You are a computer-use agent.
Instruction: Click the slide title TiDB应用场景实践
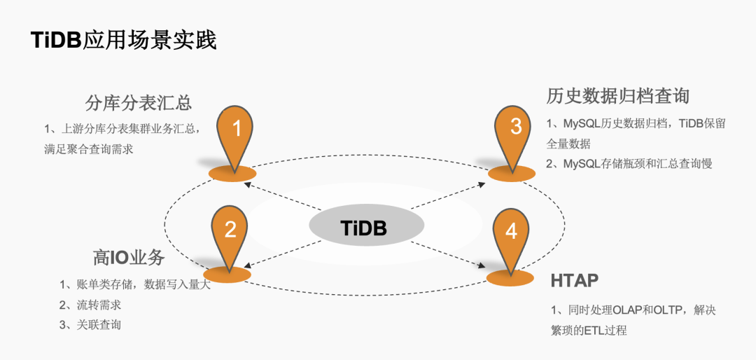(123, 39)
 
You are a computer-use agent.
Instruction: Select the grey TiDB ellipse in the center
(366, 228)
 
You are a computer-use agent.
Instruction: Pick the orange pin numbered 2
(230, 231)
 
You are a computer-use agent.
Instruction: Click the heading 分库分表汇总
(139, 102)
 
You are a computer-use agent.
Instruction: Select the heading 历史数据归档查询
(618, 96)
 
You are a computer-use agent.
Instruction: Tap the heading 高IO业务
(129, 257)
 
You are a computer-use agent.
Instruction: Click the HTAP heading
(574, 281)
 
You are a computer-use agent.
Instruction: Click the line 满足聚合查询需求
(88, 148)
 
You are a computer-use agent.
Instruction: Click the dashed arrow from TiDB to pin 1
(280, 196)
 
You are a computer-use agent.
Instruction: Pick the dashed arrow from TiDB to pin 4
(448, 254)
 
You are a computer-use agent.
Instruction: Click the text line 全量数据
(568, 144)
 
